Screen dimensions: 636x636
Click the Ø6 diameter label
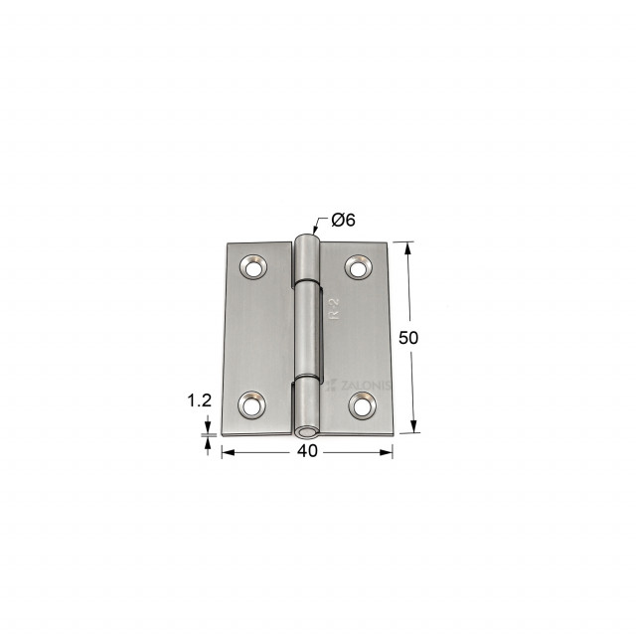(343, 220)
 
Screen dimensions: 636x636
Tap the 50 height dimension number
(408, 338)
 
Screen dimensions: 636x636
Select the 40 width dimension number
(307, 451)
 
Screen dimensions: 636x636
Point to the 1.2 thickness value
(199, 400)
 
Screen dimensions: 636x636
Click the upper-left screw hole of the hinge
(252, 267)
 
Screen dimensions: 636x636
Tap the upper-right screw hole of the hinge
(359, 267)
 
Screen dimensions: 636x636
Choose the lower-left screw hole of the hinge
(251, 404)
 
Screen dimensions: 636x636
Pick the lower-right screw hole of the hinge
(362, 405)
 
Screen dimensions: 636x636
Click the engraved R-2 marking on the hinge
(334, 309)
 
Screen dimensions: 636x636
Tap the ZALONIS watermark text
(358, 386)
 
